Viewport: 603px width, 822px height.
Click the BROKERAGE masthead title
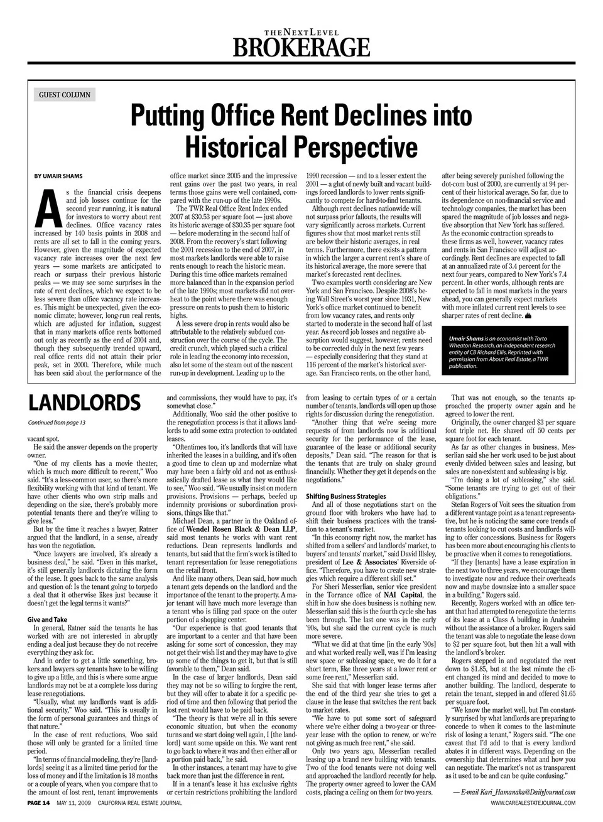point(301,47)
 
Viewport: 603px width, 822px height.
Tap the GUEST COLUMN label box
point(65,95)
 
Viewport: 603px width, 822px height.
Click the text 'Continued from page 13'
point(57,423)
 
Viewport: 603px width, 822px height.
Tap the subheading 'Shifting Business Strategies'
point(345,496)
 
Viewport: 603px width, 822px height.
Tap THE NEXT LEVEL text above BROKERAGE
point(301,32)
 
